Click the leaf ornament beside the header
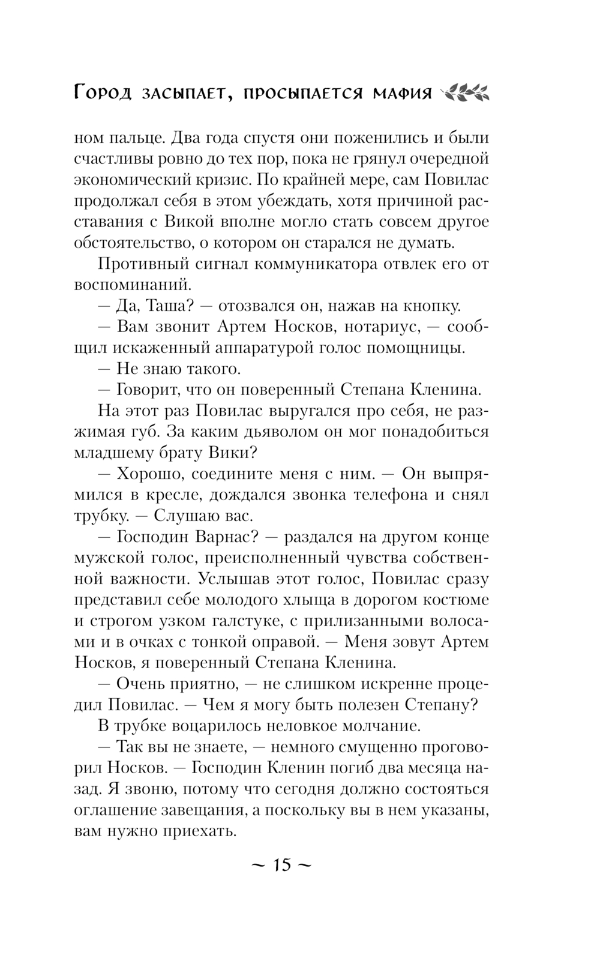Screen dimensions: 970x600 [x=465, y=92]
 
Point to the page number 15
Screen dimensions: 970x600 [x=281, y=865]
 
